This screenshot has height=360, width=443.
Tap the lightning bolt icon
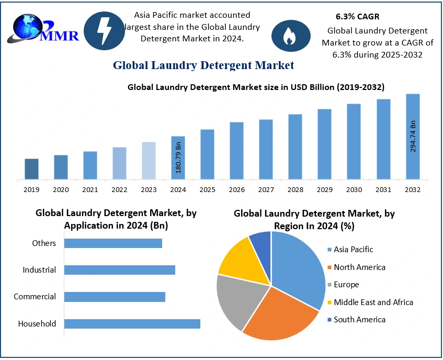pyautogui.click(x=104, y=30)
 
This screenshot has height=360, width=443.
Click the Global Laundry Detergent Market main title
pyautogui.click(x=203, y=65)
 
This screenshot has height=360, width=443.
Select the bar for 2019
pyautogui.click(x=31, y=169)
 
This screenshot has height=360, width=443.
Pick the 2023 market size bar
pyautogui.click(x=149, y=161)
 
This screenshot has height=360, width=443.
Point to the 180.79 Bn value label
pyautogui.click(x=178, y=156)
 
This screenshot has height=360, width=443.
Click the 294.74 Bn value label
pyautogui.click(x=413, y=136)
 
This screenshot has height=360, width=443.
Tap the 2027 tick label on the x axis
pyautogui.click(x=266, y=189)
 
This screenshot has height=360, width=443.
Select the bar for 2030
pyautogui.click(x=354, y=141)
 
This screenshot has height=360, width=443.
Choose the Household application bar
pyautogui.click(x=132, y=323)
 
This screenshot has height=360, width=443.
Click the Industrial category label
pyautogui.click(x=39, y=270)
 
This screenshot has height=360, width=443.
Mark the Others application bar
pyautogui.click(x=113, y=243)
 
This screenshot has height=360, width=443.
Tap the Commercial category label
pyautogui.click(x=35, y=297)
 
